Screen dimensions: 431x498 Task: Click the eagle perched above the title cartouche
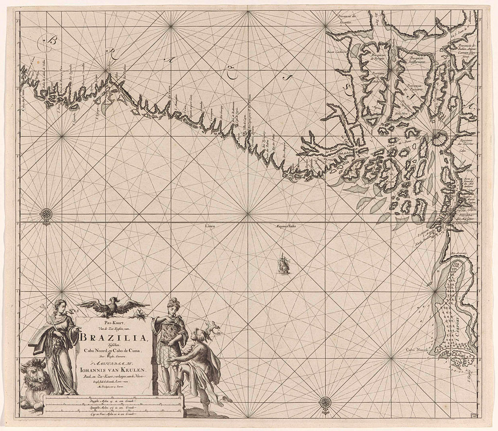point(113,306)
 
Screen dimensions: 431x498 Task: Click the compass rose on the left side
point(46,214)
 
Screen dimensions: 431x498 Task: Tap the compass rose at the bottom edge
point(325,402)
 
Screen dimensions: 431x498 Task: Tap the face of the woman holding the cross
point(61,306)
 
